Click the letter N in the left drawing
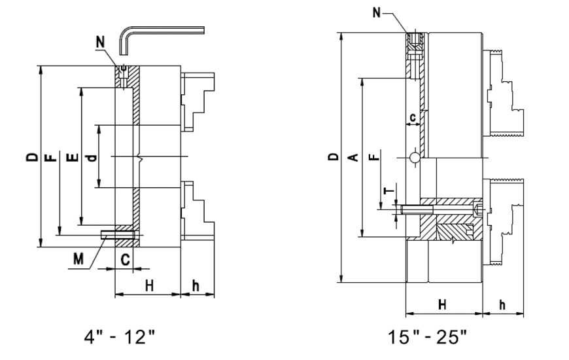99,43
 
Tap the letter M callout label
78,259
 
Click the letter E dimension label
73,157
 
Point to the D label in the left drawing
31,157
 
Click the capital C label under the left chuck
126,259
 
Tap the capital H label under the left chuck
148,285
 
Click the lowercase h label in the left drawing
195,285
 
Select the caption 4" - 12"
120,338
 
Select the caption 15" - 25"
427,338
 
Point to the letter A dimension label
353,157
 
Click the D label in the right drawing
333,157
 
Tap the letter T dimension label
387,190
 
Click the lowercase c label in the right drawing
412,117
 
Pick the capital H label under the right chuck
442,304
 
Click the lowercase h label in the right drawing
502,304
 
